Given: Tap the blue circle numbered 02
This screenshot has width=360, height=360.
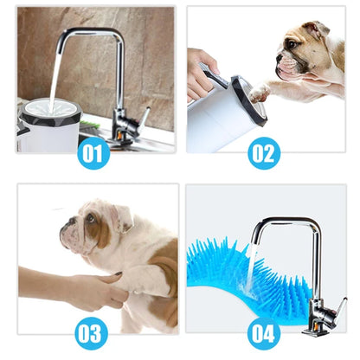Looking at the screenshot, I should (x=264, y=154).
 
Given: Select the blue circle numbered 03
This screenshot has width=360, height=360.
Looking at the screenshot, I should (x=94, y=332).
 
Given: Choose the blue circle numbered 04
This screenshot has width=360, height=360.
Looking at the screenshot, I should (x=264, y=332).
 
